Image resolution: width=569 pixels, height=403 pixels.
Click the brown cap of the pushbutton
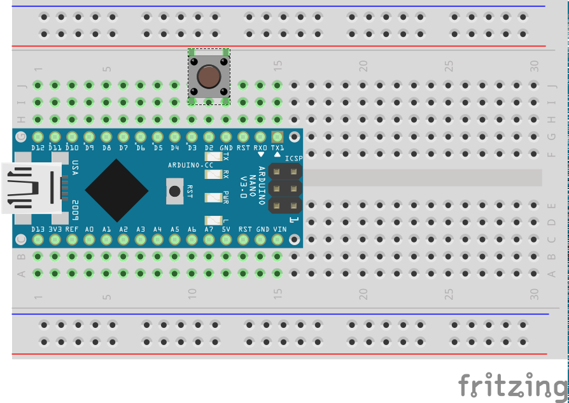point(208,77)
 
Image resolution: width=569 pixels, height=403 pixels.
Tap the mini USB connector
point(32,188)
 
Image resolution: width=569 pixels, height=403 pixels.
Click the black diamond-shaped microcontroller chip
point(116,189)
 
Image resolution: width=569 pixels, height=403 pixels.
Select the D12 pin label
point(38,148)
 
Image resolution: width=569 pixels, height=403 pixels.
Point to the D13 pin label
point(38,229)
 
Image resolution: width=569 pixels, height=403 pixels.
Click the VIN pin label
point(277,229)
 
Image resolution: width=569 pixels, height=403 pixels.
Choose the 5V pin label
point(225,229)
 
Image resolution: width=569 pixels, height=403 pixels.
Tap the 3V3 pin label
point(55,229)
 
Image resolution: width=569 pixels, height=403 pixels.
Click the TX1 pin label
point(277,148)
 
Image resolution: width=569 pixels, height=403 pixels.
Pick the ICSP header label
point(293,159)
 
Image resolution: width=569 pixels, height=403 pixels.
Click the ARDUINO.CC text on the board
point(190,164)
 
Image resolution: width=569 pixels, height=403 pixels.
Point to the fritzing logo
point(512,386)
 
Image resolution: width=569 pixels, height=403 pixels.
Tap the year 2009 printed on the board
point(75,210)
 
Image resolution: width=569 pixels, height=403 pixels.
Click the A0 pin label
point(89,229)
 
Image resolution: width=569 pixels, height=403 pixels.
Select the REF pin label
point(72,229)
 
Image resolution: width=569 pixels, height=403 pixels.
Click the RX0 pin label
point(260,148)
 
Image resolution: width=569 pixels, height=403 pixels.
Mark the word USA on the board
point(75,168)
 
